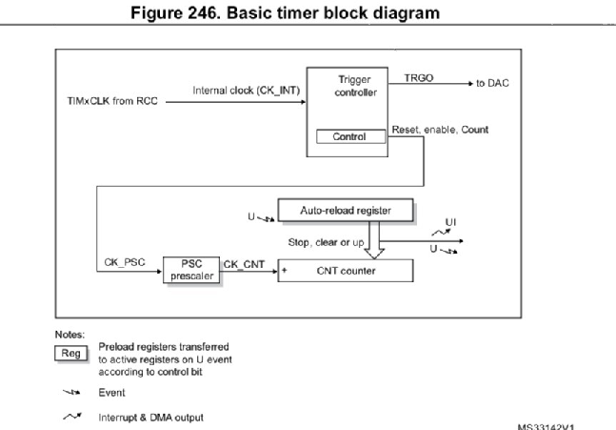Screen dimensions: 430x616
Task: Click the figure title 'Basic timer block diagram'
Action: pyautogui.click(x=307, y=12)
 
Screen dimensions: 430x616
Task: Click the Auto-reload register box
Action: pyautogui.click(x=347, y=207)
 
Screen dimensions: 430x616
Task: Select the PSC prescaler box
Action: pyautogui.click(x=190, y=270)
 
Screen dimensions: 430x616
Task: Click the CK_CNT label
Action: pyautogui.click(x=244, y=259)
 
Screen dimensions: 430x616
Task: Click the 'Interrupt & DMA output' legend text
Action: pyautogui.click(x=150, y=417)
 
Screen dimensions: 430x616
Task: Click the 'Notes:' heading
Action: pyautogui.click(x=70, y=336)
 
